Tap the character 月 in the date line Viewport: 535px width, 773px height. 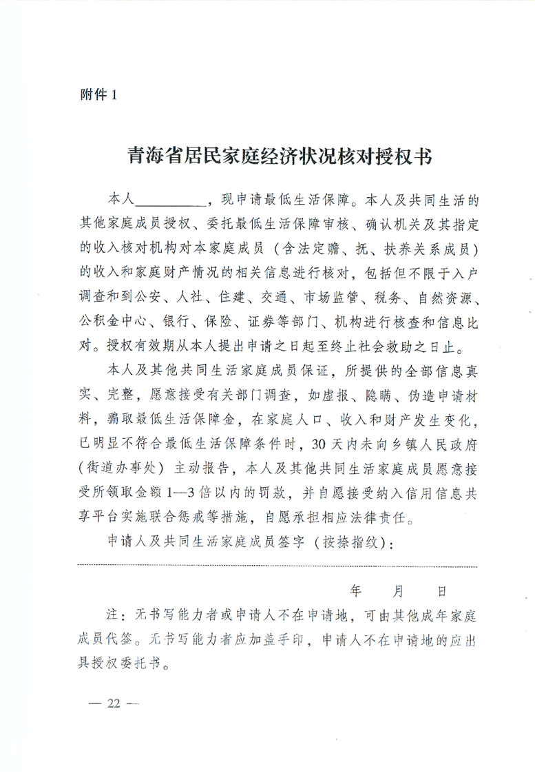point(399,590)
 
